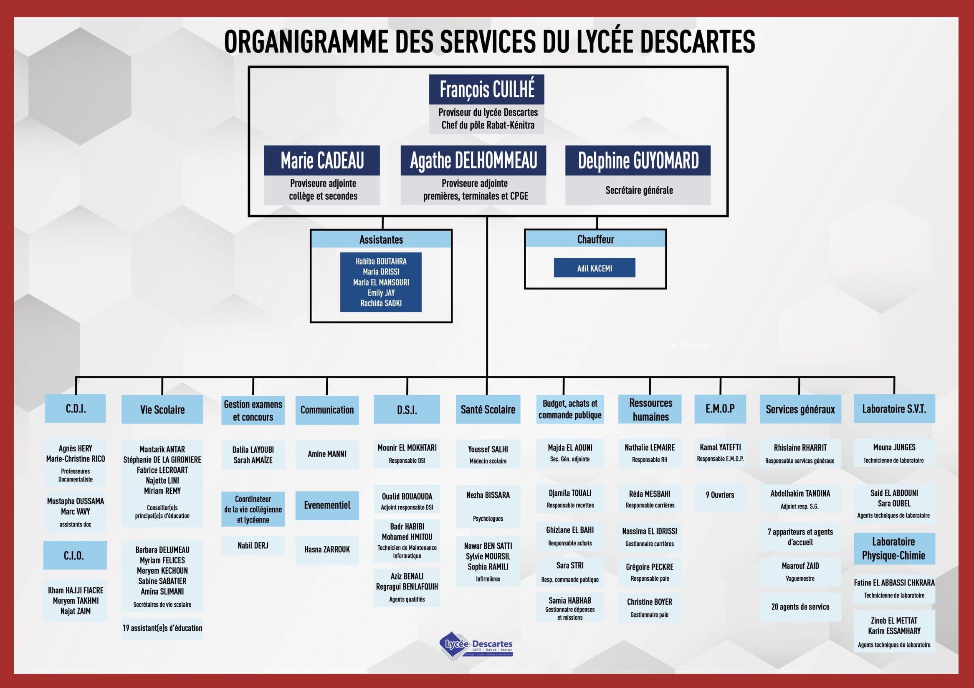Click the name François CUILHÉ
(486, 89)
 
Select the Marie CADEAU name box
(321, 161)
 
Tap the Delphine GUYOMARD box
(638, 161)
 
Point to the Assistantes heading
(381, 239)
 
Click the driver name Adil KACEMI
(595, 268)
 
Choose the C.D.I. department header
(76, 408)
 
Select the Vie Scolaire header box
(162, 409)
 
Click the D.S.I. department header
(406, 409)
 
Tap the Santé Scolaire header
(488, 409)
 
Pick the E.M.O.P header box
(720, 408)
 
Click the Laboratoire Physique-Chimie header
(894, 549)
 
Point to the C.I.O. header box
(74, 555)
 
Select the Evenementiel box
(327, 505)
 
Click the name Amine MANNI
(327, 454)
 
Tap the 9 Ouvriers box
(720, 495)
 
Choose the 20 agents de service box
(800, 607)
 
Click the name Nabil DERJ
(253, 546)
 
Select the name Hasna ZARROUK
(327, 549)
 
